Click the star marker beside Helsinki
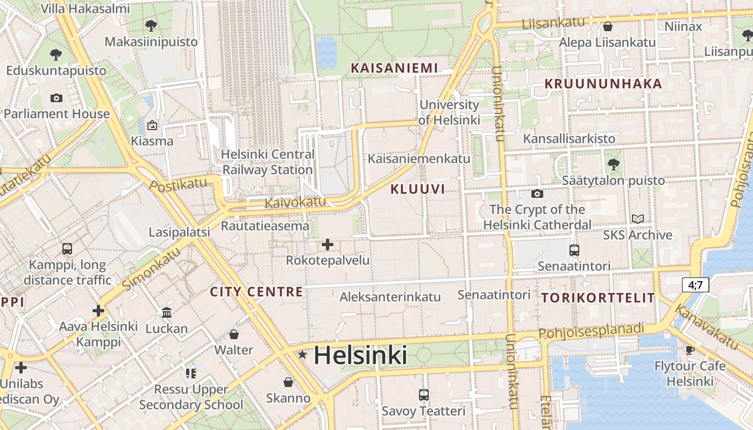pos(303,355)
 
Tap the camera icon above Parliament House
pos(56,98)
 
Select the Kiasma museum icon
pos(152,125)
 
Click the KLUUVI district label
pos(417,189)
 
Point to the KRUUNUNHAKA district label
pos(603,84)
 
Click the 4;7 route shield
pos(695,285)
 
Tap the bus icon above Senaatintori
pos(574,250)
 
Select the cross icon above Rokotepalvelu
pos(327,245)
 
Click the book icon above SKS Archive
pos(637,219)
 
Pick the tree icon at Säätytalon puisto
pos(613,164)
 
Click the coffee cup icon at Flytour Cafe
pos(690,350)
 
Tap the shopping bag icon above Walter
pos(233,334)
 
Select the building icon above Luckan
pos(167,312)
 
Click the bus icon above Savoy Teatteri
pos(423,395)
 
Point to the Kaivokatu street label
pos(295,203)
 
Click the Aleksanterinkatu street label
pos(390,297)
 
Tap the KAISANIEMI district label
pos(394,68)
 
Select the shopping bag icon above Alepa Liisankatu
pos(608,26)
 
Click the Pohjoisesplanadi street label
pos(591,331)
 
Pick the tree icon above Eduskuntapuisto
pos(55,54)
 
